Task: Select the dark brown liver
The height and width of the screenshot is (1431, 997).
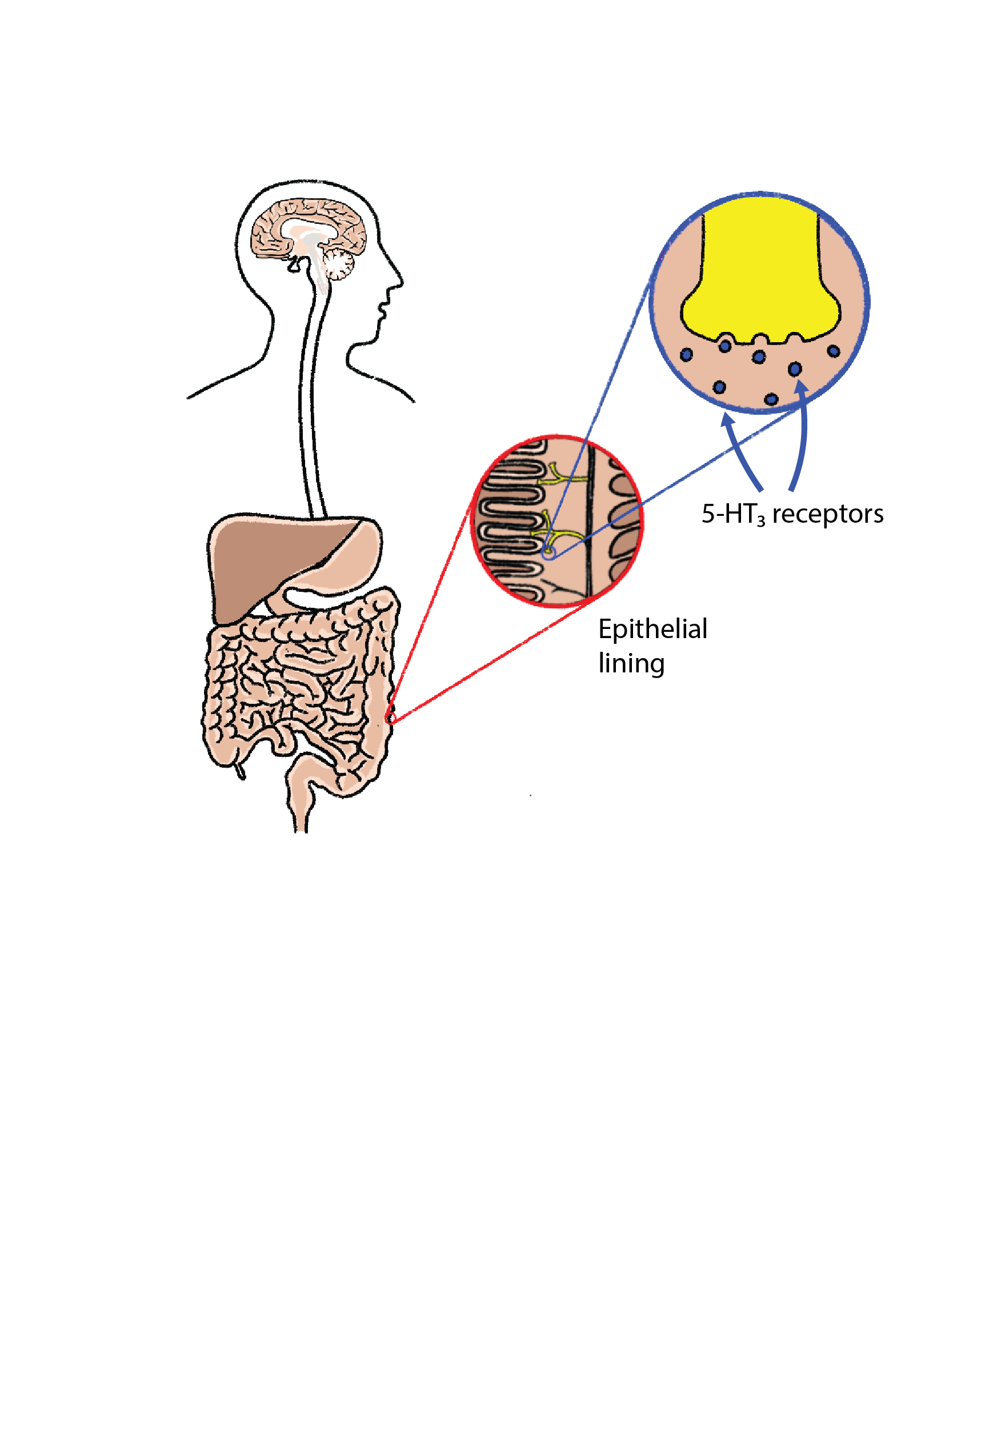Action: click(x=262, y=561)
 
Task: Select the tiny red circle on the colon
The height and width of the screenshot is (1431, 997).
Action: click(x=390, y=719)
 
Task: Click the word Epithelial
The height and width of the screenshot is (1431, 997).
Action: click(x=652, y=629)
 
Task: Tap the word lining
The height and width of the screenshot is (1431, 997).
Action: click(x=631, y=663)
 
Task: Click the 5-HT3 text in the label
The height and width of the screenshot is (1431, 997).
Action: click(x=732, y=514)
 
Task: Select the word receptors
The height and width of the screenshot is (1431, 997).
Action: click(x=827, y=514)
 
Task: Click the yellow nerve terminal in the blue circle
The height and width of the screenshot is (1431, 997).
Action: click(x=760, y=274)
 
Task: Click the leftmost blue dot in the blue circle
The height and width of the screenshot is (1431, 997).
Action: click(x=686, y=355)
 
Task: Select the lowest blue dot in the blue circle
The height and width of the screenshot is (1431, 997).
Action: click(x=771, y=398)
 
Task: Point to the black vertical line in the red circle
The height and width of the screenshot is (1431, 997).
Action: click(x=589, y=523)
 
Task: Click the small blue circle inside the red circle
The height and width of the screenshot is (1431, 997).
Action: click(x=548, y=553)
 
